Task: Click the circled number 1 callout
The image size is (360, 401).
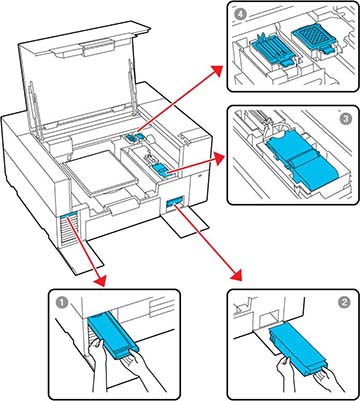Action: point(61,303)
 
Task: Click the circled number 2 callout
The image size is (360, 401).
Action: point(344,302)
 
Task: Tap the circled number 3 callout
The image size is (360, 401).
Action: point(346,120)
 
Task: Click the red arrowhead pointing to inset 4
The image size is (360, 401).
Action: point(217,71)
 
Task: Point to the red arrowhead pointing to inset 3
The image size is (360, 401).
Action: point(219,159)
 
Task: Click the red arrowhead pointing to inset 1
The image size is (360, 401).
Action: point(100,279)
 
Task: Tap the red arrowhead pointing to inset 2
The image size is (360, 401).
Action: point(236,274)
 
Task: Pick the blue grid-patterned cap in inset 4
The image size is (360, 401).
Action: point(311,38)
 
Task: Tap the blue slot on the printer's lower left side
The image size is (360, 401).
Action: point(69,216)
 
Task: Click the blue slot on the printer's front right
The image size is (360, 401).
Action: point(175,202)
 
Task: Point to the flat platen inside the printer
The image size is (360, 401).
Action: point(103,172)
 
